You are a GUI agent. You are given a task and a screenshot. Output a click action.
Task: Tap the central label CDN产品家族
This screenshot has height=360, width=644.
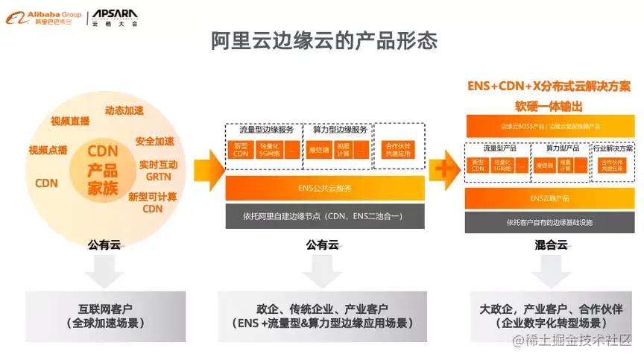(x=104, y=170)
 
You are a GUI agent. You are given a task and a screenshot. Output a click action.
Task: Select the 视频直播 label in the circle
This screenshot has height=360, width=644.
(x=70, y=121)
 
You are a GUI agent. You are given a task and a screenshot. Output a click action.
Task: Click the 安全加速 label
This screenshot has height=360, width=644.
(x=154, y=141)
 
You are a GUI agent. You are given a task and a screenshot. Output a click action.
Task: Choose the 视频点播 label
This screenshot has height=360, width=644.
(x=48, y=150)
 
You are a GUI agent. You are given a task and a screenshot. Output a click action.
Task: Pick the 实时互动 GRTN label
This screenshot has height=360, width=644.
(x=158, y=171)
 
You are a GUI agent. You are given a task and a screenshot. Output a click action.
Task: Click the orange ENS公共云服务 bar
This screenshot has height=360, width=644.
(x=324, y=189)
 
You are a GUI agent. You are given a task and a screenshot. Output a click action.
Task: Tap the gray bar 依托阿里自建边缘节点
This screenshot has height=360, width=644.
(x=324, y=216)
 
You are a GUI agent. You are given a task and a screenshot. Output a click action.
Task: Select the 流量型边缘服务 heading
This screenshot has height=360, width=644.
(x=262, y=129)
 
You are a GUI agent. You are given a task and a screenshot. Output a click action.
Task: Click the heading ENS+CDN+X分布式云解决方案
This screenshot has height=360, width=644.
(x=549, y=86)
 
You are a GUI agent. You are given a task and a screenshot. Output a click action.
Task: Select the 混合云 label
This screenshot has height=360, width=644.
(x=550, y=244)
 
